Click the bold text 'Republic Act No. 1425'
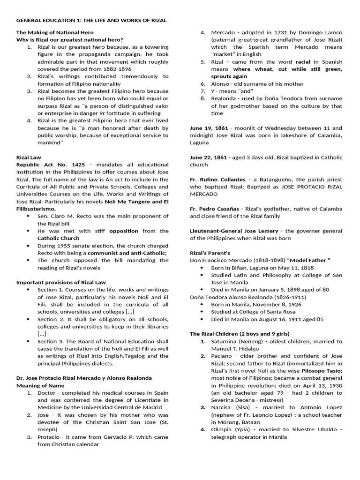pyautogui.click(x=44, y=165)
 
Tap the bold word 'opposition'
pyautogui.click(x=124, y=231)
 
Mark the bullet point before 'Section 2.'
pyautogui.click(x=29, y=319)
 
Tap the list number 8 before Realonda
pyautogui.click(x=202, y=98)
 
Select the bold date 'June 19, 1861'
pyautogui.click(x=209, y=128)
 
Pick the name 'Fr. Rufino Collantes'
pyautogui.click(x=217, y=180)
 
